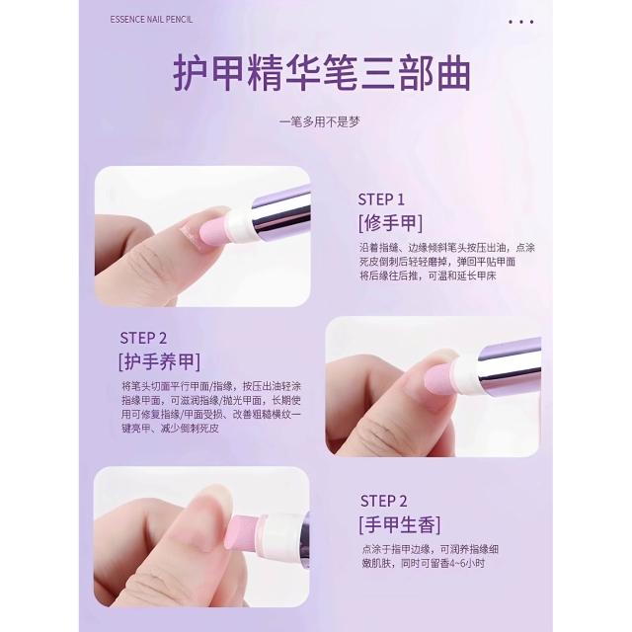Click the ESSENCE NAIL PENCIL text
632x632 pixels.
point(151,20)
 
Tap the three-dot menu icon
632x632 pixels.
point(520,22)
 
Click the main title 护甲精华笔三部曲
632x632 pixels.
point(322,74)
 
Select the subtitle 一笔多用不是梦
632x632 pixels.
point(320,121)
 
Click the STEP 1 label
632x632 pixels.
point(381,199)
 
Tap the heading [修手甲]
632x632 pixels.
point(391,223)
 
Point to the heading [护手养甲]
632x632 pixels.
point(159,361)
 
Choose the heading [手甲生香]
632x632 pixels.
point(400,524)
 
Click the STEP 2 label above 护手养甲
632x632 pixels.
point(143,338)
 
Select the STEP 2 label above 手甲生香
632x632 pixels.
point(383,501)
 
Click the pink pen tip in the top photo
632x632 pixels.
point(213,233)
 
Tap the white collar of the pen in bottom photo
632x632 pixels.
point(278,534)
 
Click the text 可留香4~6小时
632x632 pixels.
point(451,563)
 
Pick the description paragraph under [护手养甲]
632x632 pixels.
point(211,407)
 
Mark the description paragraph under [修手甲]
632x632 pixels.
point(447,262)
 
